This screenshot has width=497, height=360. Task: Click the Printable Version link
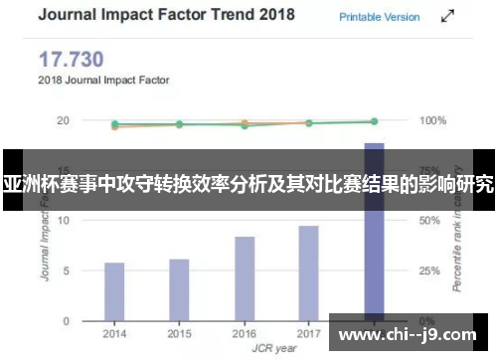point(380,17)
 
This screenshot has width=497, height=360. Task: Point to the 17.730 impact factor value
point(71,59)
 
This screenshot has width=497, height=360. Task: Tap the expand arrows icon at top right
point(449,17)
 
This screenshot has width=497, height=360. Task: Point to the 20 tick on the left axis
point(63,120)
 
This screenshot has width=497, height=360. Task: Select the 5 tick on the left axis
point(66,270)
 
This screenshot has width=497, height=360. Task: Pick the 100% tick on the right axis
point(433,120)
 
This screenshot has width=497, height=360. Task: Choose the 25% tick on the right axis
point(429,270)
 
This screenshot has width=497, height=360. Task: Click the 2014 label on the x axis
point(114,333)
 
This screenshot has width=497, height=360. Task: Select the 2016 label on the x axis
point(245,333)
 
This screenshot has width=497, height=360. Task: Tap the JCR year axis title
point(245,347)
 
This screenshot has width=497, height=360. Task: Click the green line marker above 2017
point(308,123)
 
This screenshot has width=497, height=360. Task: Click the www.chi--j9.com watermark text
point(410,336)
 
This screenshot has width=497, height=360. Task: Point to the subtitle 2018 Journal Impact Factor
point(103,79)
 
